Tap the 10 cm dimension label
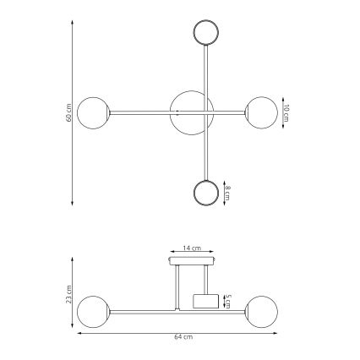pos(286,112)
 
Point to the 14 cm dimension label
pos(192,248)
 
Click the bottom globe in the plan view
pos(205,193)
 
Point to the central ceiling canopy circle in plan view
pos(190,112)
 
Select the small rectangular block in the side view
pos(206,300)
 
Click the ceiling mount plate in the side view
pos(192,263)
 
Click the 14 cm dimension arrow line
pos(192,254)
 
